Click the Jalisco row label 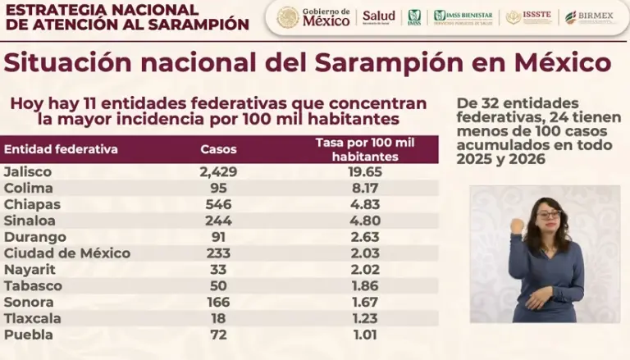[27, 172]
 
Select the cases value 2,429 [218, 172]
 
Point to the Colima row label [26, 189]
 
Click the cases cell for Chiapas [218, 205]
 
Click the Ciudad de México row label [66, 253]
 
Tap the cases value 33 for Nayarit [218, 269]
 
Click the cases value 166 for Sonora [218, 302]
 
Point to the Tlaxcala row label [32, 318]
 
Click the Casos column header [218, 149]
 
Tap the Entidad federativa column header [61, 149]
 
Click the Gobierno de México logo [313, 17]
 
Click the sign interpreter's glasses [548, 215]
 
